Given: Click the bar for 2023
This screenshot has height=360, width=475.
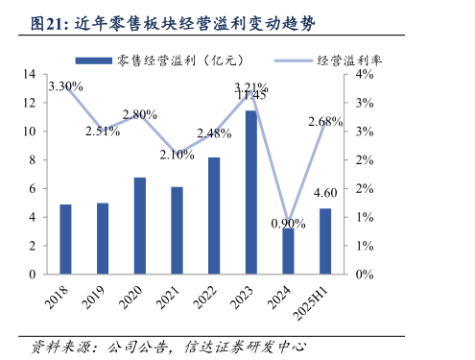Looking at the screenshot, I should pos(250,192).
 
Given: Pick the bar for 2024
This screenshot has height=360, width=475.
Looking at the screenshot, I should pos(288,251).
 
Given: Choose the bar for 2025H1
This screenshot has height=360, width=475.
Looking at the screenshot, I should pos(324,241).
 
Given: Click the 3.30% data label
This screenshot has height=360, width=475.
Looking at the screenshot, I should pos(65,86).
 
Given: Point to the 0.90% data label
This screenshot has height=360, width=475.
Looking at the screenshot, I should pos(288,223).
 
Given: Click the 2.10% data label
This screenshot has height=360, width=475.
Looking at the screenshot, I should pos(177,155).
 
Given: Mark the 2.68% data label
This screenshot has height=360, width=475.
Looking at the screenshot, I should pos(324,122).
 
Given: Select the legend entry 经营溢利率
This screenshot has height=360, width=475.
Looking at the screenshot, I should pos(349,60).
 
